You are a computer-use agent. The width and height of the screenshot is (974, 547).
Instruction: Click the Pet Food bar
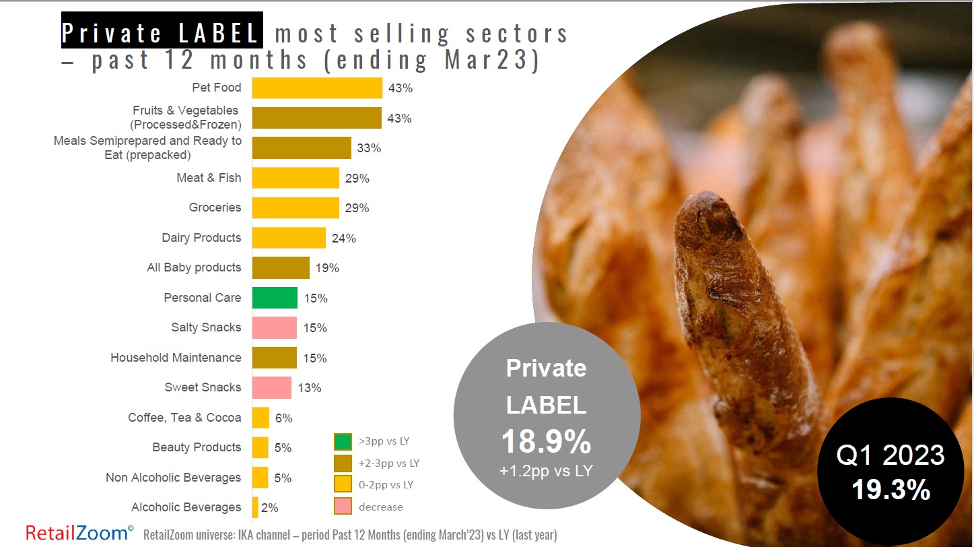(x=317, y=88)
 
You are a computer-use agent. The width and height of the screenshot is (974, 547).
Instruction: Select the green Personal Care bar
(x=275, y=298)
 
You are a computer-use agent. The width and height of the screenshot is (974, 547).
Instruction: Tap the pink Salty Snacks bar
(x=275, y=327)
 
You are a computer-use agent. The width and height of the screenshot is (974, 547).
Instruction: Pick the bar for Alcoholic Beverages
(x=255, y=507)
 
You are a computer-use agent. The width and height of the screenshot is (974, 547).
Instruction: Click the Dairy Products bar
(x=289, y=238)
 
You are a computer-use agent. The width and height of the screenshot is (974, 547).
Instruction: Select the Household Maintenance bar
(x=275, y=358)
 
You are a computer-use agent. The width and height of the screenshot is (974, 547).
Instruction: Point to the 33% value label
(x=369, y=148)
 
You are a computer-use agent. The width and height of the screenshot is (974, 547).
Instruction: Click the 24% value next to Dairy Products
(x=343, y=238)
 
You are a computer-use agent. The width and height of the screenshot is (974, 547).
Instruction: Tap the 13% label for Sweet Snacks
(x=309, y=387)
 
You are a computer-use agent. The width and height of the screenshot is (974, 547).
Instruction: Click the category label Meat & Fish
(x=209, y=178)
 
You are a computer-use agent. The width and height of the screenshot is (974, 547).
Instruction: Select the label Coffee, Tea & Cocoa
(x=184, y=418)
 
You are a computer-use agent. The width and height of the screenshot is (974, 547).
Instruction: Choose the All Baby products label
(x=194, y=267)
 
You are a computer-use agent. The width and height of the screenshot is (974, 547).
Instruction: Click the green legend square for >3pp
(x=343, y=442)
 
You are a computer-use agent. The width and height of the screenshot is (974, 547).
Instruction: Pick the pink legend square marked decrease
(x=343, y=507)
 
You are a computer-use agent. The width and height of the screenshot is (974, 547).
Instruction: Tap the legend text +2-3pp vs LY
(x=389, y=463)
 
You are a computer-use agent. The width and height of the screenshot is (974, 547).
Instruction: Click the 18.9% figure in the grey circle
(x=546, y=442)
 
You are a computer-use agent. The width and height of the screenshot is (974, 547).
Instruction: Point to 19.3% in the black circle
(x=891, y=490)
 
